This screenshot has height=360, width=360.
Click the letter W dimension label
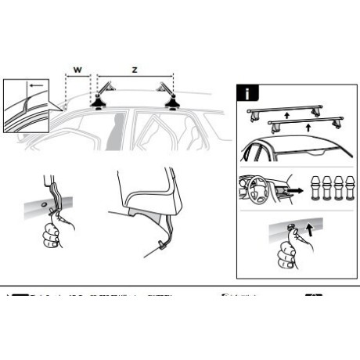(x=78, y=70)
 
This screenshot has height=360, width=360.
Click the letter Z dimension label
(x=134, y=70)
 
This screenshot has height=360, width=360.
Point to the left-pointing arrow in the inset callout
(x=33, y=85)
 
